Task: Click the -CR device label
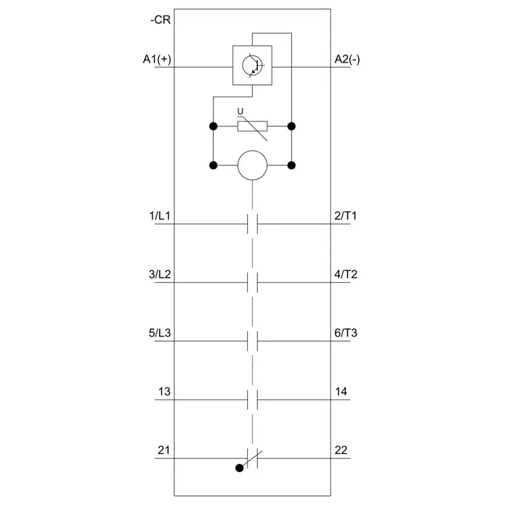coord(160,20)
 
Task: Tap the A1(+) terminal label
coord(157,59)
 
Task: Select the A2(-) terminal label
coord(347,59)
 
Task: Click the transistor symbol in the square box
coord(252,66)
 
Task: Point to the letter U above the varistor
coord(240,112)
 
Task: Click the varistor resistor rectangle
coord(252,126)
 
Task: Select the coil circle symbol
coord(252,165)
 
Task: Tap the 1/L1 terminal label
coord(159,216)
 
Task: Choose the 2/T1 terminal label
coord(346,216)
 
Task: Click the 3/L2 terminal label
coord(160,274)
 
